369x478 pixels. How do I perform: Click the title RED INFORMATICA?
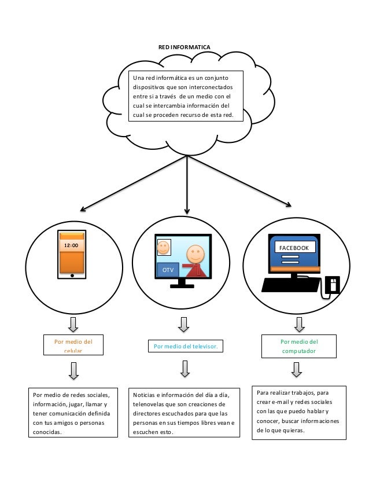184,47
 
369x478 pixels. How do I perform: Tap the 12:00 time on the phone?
71,245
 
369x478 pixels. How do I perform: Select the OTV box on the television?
168,270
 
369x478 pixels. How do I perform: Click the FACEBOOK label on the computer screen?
294,248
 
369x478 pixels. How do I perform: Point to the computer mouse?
332,285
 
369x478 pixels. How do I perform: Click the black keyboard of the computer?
290,285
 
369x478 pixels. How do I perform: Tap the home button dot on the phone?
72,275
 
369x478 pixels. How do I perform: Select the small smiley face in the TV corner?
164,247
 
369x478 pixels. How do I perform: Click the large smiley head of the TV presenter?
195,253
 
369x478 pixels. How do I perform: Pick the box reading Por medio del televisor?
186,346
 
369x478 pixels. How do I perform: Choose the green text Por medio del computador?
299,346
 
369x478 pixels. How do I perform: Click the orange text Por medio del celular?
73,345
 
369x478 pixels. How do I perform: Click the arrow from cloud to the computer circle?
239,181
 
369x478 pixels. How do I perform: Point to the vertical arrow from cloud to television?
187,185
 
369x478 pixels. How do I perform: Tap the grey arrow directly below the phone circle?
73,325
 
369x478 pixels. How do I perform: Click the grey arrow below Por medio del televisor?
185,369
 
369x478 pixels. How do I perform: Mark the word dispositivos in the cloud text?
149,87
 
